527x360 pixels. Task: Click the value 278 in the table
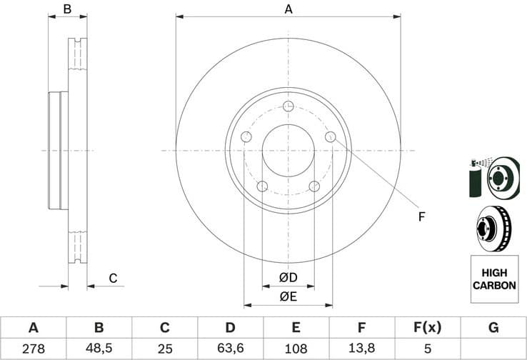(x=33, y=349)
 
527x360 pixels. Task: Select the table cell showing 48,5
(x=99, y=349)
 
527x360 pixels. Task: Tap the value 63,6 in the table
(x=230, y=349)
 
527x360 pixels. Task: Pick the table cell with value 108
(x=296, y=349)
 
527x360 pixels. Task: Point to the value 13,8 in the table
(x=361, y=349)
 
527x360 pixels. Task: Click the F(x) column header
(x=427, y=328)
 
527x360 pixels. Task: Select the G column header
(x=493, y=328)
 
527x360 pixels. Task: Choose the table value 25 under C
(x=164, y=349)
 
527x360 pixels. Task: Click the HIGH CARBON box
(x=493, y=279)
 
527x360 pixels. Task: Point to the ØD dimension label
(x=288, y=277)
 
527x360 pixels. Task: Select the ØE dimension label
(x=288, y=296)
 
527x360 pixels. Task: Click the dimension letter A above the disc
(x=288, y=9)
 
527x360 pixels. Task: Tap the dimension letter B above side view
(x=67, y=9)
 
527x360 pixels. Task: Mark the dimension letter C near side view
(x=112, y=278)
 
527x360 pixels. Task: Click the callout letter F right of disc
(x=421, y=216)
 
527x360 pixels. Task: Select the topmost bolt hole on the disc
(x=288, y=106)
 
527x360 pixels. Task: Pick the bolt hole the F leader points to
(x=330, y=136)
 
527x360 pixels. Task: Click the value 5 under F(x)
(x=427, y=349)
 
